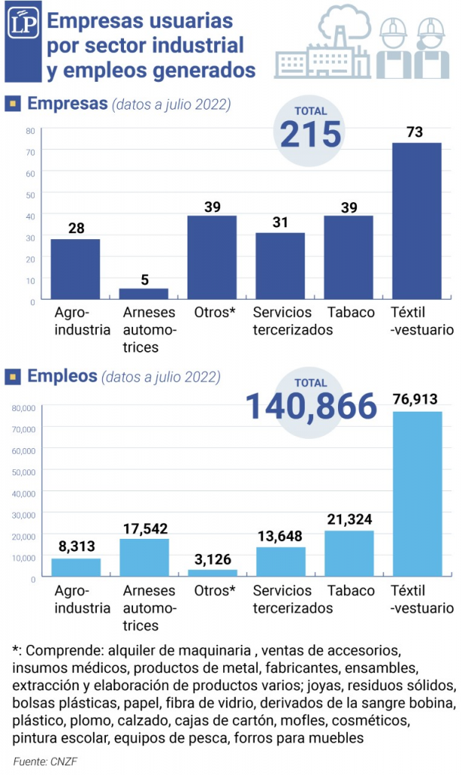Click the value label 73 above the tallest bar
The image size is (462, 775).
click(414, 132)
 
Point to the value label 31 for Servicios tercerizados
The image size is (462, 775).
click(280, 223)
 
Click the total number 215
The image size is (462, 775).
click(310, 135)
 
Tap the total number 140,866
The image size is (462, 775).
click(312, 406)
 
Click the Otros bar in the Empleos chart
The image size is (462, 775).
click(212, 573)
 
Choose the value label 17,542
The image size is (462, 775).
click(144, 528)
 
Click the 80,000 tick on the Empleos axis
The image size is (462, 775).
click(23, 408)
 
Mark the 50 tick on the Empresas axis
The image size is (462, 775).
click(31, 195)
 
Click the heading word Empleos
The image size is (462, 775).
click(62, 375)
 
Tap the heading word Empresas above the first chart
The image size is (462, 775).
click(67, 104)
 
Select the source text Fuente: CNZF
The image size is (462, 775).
click(45, 761)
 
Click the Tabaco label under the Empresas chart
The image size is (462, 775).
click(351, 312)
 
